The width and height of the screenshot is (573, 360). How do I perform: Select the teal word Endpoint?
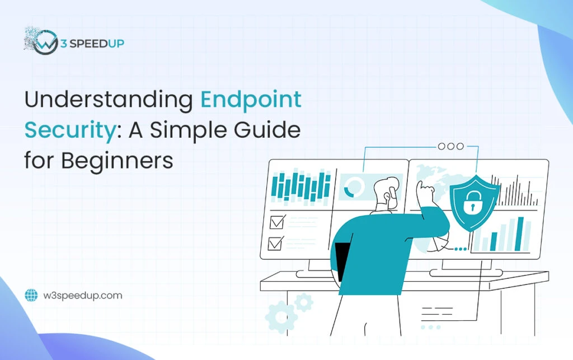pos(251,100)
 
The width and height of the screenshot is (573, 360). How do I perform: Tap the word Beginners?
pos(117,160)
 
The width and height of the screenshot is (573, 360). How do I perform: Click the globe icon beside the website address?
pos(31,295)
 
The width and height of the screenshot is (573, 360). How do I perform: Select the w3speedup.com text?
pos(82,295)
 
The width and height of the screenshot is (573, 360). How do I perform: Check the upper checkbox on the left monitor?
pos(277,222)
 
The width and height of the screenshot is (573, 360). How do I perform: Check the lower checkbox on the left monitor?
pos(277,243)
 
